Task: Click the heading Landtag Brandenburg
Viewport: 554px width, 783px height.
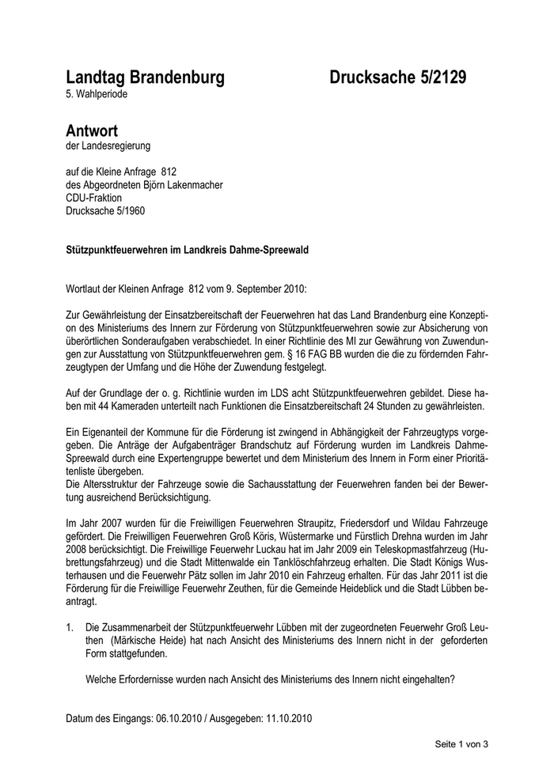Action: (x=145, y=78)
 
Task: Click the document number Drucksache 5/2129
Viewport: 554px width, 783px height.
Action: (x=398, y=78)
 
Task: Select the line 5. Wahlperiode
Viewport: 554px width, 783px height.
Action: (x=96, y=95)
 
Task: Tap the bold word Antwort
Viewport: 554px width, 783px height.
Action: (x=92, y=130)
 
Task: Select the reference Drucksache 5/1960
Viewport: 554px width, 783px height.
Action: (x=105, y=211)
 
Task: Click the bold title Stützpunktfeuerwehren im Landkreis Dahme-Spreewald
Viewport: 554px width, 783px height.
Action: (x=187, y=249)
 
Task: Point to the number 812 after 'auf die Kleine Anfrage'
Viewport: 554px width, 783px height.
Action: (x=168, y=172)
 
